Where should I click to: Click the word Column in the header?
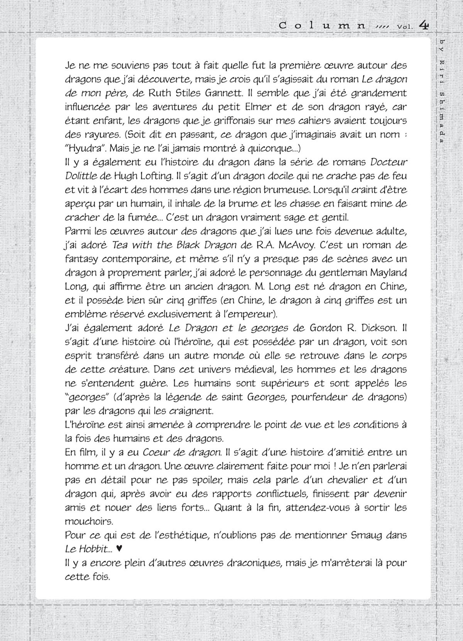pos(322,26)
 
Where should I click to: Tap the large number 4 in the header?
pos(424,25)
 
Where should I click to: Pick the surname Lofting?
pos(154,176)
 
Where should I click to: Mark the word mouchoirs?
pos(89,521)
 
